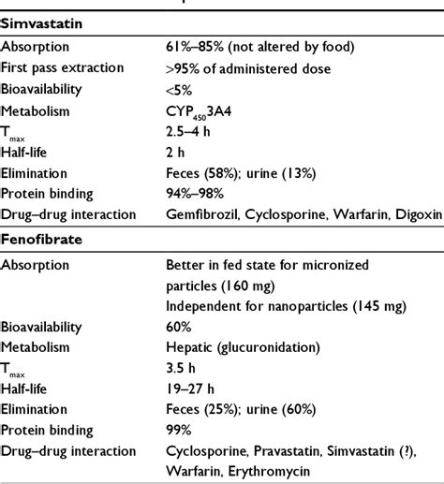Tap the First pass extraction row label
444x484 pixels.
point(67,68)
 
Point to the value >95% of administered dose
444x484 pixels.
point(243,68)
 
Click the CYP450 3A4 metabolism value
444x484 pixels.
point(201,110)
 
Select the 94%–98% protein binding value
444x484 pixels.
point(194,194)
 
